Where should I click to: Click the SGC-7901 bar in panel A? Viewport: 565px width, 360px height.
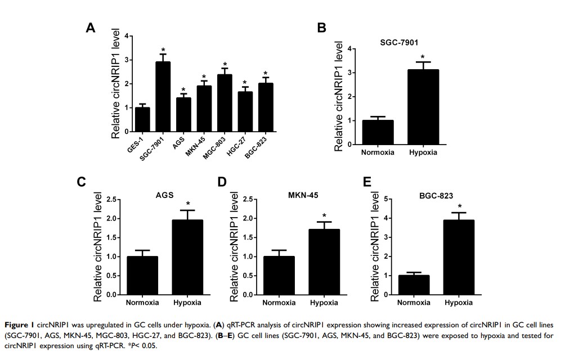pyautogui.click(x=163, y=96)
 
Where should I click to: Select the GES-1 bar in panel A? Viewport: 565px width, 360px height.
pyautogui.click(x=142, y=119)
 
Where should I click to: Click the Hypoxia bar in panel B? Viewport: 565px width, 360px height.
pyautogui.click(x=423, y=107)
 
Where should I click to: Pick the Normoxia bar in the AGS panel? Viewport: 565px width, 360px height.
pyautogui.click(x=142, y=275)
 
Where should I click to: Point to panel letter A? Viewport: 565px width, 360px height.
pyautogui.click(x=90, y=28)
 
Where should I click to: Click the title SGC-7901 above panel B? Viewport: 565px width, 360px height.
pyautogui.click(x=398, y=43)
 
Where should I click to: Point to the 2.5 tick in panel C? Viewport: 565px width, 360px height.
pyautogui.click(x=112, y=199)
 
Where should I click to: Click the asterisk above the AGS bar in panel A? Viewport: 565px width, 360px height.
pyautogui.click(x=183, y=90)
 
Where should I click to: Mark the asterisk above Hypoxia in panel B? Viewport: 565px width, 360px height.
pyautogui.click(x=423, y=57)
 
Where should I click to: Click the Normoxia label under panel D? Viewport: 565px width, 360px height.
pyautogui.click(x=279, y=303)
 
